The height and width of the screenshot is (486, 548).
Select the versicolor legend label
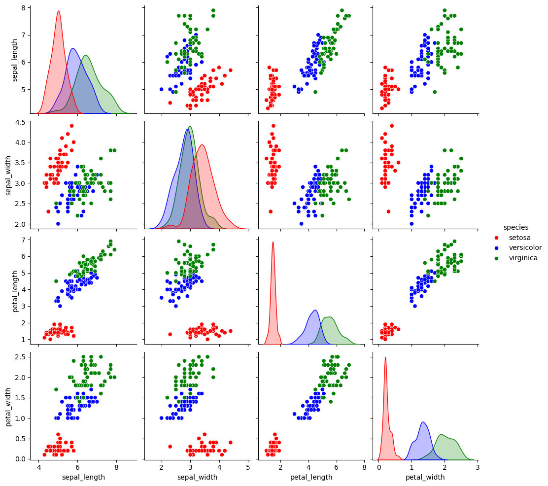[x=525, y=247]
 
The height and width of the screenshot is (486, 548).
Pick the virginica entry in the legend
[x=523, y=258]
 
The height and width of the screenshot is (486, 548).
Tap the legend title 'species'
[x=515, y=227]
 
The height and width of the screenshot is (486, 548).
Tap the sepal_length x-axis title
[x=83, y=477]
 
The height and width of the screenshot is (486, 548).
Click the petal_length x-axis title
[x=310, y=477]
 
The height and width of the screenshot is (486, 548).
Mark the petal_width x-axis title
[x=425, y=477]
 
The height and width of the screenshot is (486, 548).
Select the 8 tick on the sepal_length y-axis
[x=25, y=8]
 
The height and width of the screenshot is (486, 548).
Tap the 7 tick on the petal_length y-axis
[x=25, y=240]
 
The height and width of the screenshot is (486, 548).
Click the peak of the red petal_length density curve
[x=273, y=242]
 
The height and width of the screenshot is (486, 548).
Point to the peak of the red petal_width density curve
[x=385, y=358]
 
